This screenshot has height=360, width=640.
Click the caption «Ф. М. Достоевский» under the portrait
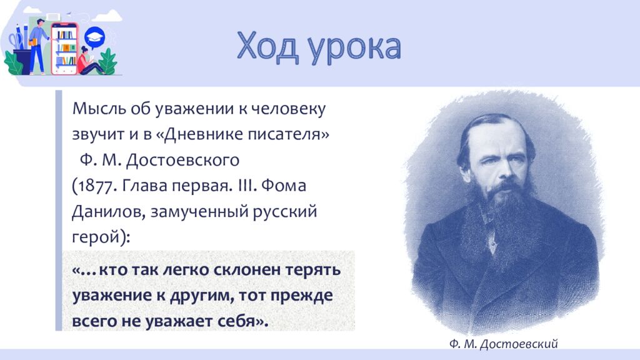pyautogui.click(x=502, y=343)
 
